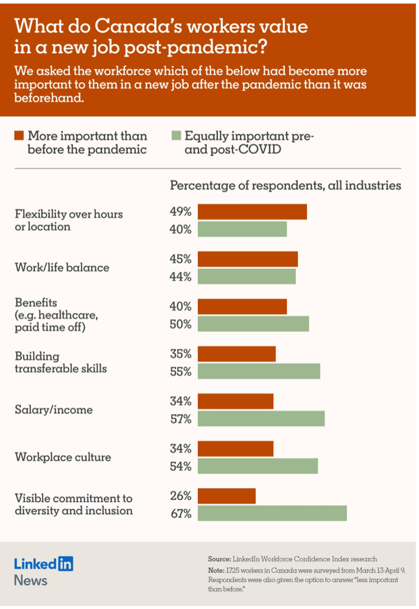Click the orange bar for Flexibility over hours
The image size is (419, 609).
[x=252, y=212]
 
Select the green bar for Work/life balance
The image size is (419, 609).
[x=247, y=277]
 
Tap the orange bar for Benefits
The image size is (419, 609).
[x=242, y=307]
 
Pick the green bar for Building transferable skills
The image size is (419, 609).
[x=259, y=371]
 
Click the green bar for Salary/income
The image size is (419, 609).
[x=261, y=419]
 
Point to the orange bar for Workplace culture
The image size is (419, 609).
[x=236, y=449]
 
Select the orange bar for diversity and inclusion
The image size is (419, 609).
[x=227, y=496]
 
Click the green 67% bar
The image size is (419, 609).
[x=272, y=513]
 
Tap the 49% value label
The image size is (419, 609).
[x=180, y=212]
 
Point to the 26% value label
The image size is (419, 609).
[x=180, y=496]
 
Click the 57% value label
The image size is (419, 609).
[x=180, y=419]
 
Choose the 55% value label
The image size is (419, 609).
[x=180, y=371]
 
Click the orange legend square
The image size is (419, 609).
[x=19, y=136]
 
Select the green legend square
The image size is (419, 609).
[x=176, y=136]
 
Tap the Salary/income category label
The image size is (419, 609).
[x=53, y=410]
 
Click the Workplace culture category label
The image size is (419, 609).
[x=63, y=457]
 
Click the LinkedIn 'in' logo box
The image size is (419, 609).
[x=65, y=564]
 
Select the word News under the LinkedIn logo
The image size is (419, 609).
[x=30, y=580]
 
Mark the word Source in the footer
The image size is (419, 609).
[x=219, y=559]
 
